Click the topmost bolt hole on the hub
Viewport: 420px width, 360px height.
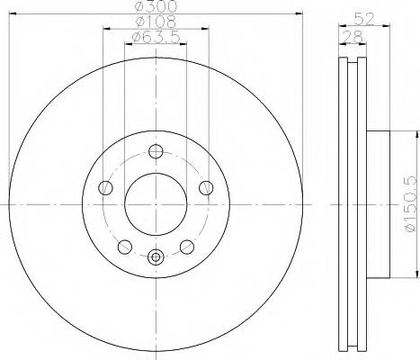point(156,151)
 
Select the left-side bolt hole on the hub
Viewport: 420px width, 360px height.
point(105,188)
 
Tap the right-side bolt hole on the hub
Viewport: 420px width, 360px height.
point(207,188)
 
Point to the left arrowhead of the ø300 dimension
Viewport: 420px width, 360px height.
point(14,13)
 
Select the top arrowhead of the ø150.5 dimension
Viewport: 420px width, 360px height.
point(416,134)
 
